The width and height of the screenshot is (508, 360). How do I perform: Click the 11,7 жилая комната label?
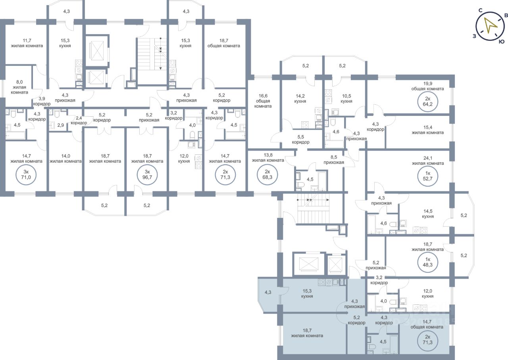point(27,43)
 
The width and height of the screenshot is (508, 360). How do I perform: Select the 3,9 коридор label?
point(42,101)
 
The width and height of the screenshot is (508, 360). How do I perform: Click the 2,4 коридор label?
point(79,120)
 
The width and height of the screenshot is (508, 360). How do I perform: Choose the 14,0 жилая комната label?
point(65,158)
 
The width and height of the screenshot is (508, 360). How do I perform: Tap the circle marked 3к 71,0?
point(26,175)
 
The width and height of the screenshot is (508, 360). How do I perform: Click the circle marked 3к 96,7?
point(147,175)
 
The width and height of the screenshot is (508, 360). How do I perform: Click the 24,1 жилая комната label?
point(427,160)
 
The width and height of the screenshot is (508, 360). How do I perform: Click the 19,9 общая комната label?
point(427,86)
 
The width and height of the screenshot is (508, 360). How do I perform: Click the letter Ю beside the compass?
point(502,41)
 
